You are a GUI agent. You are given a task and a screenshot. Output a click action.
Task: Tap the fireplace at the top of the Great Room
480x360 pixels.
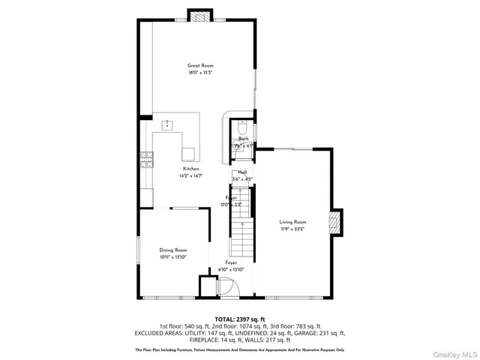tap(200, 16)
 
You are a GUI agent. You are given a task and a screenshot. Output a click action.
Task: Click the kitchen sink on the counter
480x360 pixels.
tap(167, 122)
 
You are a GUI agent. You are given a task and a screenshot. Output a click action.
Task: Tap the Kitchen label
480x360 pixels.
tap(191, 169)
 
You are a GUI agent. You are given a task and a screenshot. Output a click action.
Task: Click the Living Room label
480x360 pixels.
tap(293, 221)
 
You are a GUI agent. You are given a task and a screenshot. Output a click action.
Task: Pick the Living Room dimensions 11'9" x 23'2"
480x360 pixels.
tap(293, 229)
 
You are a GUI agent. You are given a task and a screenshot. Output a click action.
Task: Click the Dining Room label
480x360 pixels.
tap(173, 250)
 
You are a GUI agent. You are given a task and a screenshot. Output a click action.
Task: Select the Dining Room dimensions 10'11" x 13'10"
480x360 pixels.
tap(173, 257)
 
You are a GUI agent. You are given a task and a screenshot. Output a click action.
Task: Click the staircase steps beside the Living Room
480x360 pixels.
tap(240, 240)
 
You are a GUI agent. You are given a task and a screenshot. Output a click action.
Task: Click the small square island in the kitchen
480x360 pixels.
tap(188, 154)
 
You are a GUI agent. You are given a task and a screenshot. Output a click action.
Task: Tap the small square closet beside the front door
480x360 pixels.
tap(207, 287)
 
